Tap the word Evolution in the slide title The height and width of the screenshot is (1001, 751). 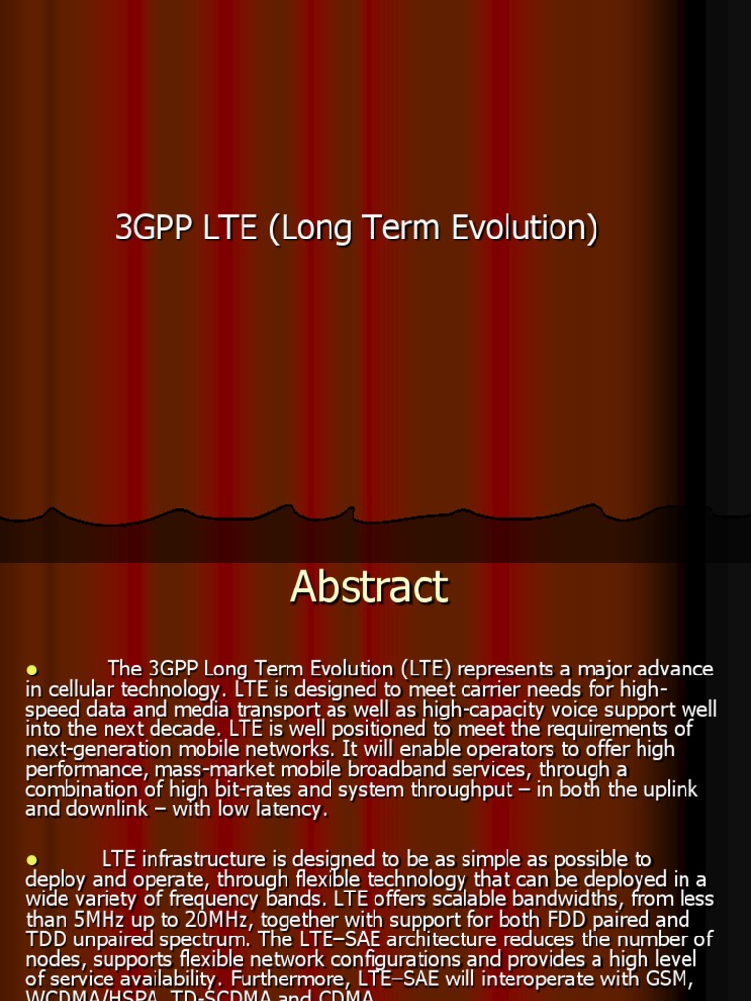[523, 228]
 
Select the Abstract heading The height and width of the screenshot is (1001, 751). [369, 588]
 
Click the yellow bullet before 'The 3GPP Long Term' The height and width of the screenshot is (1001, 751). [31, 670]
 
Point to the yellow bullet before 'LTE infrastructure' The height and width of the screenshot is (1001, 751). [31, 860]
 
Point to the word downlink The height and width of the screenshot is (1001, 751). [110, 809]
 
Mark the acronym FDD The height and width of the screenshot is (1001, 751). [553, 920]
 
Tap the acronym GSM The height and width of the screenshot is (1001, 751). [669, 979]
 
